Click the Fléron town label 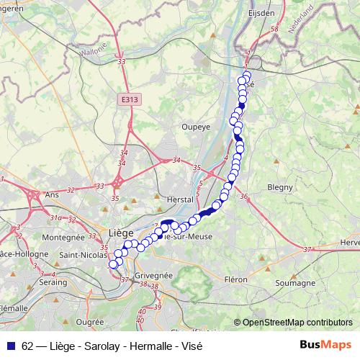(x=236, y=279)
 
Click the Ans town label (x=53, y=194)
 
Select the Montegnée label (x=64, y=237)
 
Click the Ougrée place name (x=90, y=323)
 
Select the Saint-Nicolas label (x=84, y=254)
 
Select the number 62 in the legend (x=28, y=344)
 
